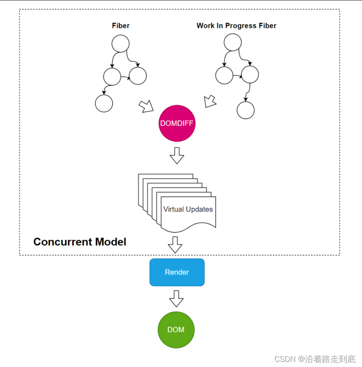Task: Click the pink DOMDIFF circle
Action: pos(177,123)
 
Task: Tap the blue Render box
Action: pos(177,272)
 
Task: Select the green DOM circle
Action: pos(176,330)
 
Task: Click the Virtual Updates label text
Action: pos(188,209)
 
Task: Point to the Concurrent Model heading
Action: pos(80,242)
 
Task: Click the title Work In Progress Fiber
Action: pos(236,26)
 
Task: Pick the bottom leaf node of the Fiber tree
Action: pos(104,103)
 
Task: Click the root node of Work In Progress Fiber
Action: pos(233,42)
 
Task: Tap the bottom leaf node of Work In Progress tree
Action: pos(246,110)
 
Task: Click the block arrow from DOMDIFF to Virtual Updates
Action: pos(177,156)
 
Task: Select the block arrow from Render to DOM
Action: pos(176,299)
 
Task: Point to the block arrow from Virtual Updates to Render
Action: pos(175,245)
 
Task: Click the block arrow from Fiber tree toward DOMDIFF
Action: pos(147,107)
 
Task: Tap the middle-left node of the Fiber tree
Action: pos(112,76)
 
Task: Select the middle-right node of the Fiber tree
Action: pos(138,76)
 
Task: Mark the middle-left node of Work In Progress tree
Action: pos(224,75)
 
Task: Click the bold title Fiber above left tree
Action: pos(121,26)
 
